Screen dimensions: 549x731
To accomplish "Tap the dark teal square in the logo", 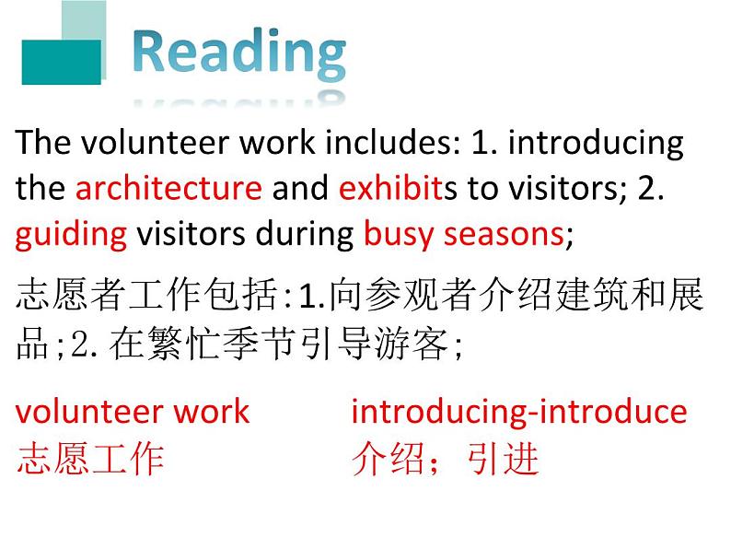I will tap(61, 62).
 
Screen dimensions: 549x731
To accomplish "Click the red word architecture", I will tap(168, 188).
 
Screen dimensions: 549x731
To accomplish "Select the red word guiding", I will tap(71, 234).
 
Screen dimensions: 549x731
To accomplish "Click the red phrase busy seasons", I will tap(463, 234).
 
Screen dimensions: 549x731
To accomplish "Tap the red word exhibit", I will tap(390, 188).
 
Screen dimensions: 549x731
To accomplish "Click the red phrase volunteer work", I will tap(133, 411).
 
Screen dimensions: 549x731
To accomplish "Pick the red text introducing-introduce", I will tap(518, 411).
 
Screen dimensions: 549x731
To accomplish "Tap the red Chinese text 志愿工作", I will tap(90, 458).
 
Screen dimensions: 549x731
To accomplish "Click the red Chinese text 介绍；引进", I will tap(445, 458).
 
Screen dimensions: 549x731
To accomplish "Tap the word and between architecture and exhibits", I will tap(300, 188).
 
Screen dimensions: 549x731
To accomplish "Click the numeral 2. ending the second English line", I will tap(651, 188).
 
